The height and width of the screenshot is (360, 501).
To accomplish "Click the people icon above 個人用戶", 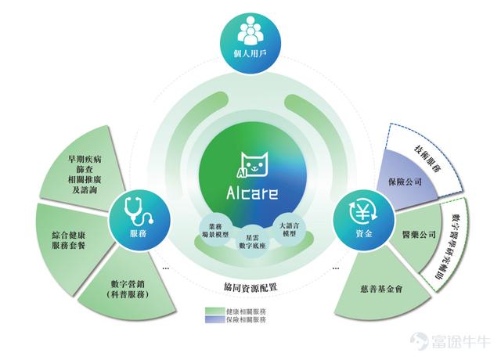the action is (x=250, y=31).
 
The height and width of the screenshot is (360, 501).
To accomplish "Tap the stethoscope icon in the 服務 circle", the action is (x=138, y=211).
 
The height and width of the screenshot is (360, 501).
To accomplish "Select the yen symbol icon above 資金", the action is (x=363, y=212).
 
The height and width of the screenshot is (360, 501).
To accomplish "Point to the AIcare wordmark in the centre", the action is (x=252, y=193).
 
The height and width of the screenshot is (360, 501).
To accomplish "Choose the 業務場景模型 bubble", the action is (x=215, y=230).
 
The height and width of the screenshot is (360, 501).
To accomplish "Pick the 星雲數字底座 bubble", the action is (x=252, y=242).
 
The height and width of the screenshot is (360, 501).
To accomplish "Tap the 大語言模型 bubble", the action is (x=290, y=229).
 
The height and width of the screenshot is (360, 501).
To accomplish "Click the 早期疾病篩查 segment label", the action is (x=85, y=175).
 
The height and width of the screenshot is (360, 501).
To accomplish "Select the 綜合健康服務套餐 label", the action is (x=68, y=240).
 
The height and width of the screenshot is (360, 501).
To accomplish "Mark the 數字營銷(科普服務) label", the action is (x=128, y=289).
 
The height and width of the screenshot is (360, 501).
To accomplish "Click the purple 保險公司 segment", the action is (x=406, y=179).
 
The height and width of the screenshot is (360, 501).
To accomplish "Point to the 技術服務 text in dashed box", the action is (x=427, y=159).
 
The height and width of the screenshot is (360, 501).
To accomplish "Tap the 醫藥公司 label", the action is (x=419, y=235).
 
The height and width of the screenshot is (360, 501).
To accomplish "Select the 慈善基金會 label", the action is (x=381, y=289).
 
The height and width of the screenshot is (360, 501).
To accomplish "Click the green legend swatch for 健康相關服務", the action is (x=215, y=311).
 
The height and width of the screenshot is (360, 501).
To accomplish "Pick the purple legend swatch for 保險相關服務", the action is (x=215, y=319).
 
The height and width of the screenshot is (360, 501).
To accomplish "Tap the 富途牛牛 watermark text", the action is (x=460, y=341).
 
